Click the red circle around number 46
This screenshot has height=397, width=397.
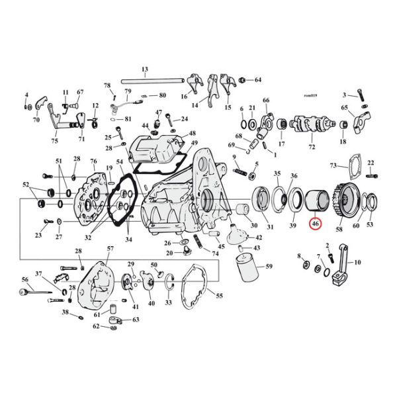316,225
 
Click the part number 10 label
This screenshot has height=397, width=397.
359,262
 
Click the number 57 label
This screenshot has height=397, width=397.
101,249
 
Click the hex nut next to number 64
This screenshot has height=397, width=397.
243,80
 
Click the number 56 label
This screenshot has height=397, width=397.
25,280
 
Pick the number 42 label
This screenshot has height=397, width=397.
259,237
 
